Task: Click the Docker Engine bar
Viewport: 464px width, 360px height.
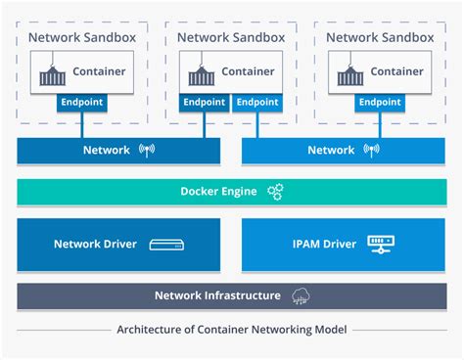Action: click(x=231, y=192)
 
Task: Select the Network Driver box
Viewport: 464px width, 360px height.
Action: click(x=118, y=244)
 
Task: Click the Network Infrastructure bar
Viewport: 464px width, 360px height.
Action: click(x=231, y=295)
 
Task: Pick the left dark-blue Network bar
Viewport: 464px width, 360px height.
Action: click(x=118, y=150)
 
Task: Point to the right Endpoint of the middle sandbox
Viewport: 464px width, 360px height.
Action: click(x=256, y=102)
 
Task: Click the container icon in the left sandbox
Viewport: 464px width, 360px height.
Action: click(x=53, y=72)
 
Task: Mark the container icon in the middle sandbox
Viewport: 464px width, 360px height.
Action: click(x=202, y=72)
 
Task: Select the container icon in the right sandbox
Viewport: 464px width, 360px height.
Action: click(x=350, y=72)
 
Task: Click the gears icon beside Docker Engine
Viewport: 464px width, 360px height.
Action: click(x=275, y=192)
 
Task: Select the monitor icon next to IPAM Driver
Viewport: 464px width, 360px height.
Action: click(x=377, y=244)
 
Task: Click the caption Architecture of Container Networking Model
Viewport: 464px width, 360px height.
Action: click(x=231, y=329)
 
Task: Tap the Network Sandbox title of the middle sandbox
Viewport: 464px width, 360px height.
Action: click(x=231, y=37)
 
